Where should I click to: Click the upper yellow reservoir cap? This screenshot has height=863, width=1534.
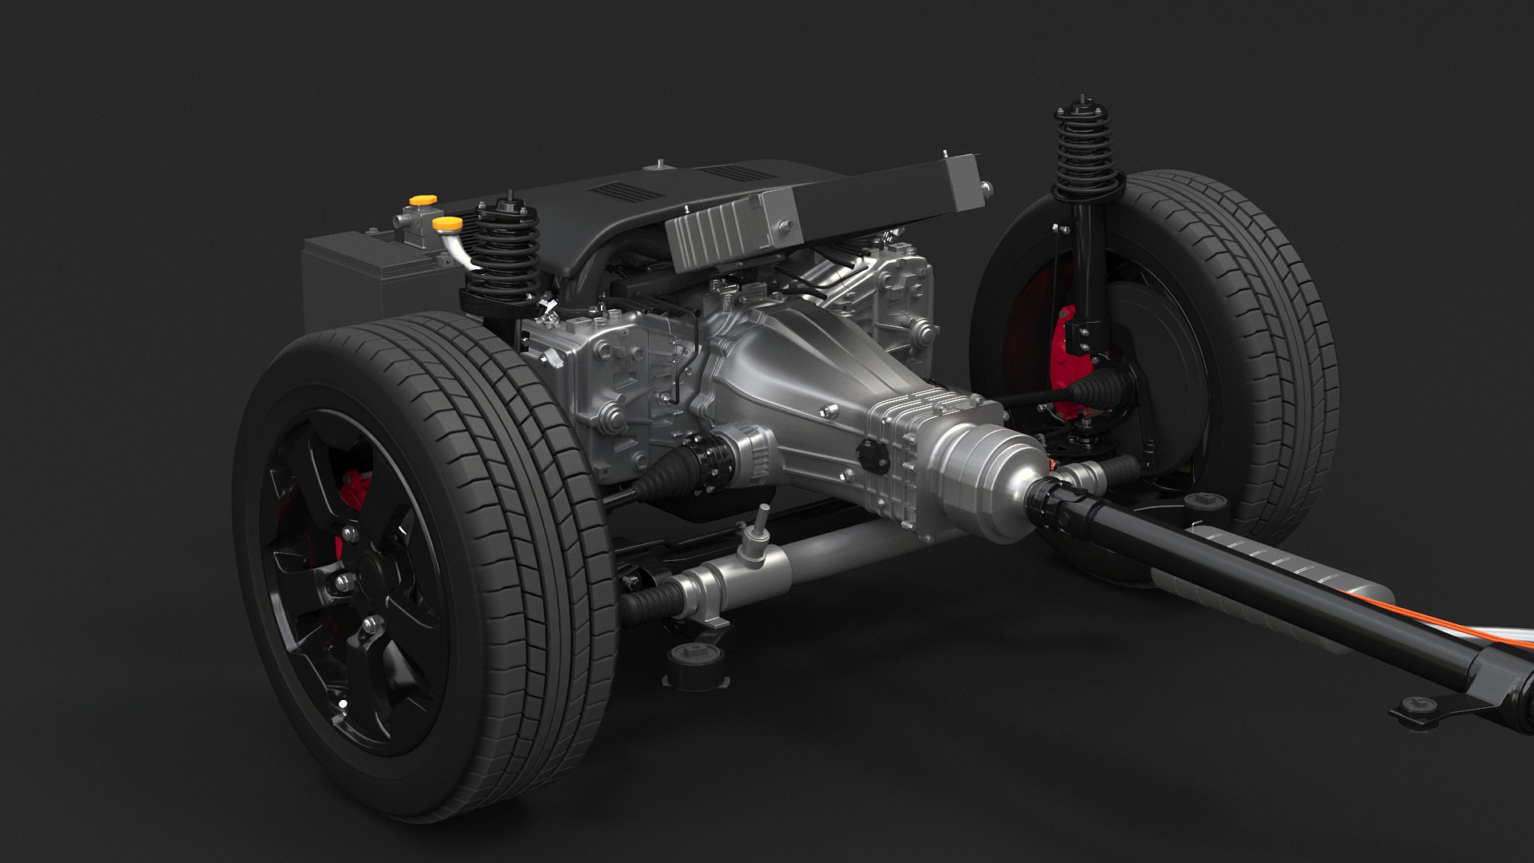[417, 200]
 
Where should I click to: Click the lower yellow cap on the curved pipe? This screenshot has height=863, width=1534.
[447, 223]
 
